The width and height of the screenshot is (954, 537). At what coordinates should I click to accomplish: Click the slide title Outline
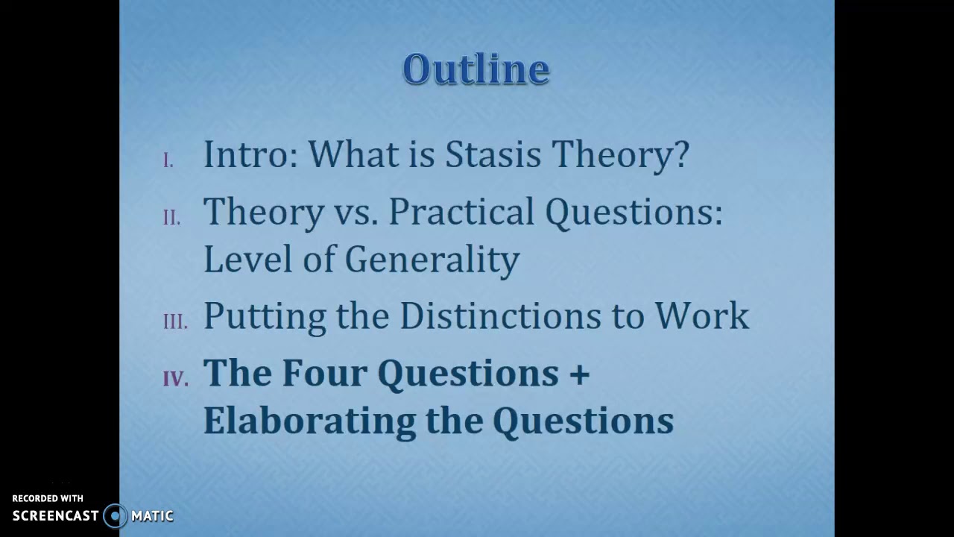click(x=476, y=69)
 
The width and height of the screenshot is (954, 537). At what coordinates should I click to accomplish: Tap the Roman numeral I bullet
click(x=168, y=161)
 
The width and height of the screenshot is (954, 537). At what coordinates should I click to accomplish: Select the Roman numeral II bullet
click(x=171, y=218)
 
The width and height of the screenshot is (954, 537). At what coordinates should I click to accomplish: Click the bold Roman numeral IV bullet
click(x=176, y=379)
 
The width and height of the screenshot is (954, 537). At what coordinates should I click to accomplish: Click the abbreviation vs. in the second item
click(x=356, y=213)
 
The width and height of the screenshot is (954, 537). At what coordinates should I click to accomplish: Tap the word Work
click(x=701, y=315)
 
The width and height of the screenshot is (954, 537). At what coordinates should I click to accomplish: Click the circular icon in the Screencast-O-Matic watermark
click(x=115, y=516)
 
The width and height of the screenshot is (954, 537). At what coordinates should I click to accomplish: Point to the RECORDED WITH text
click(x=48, y=498)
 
